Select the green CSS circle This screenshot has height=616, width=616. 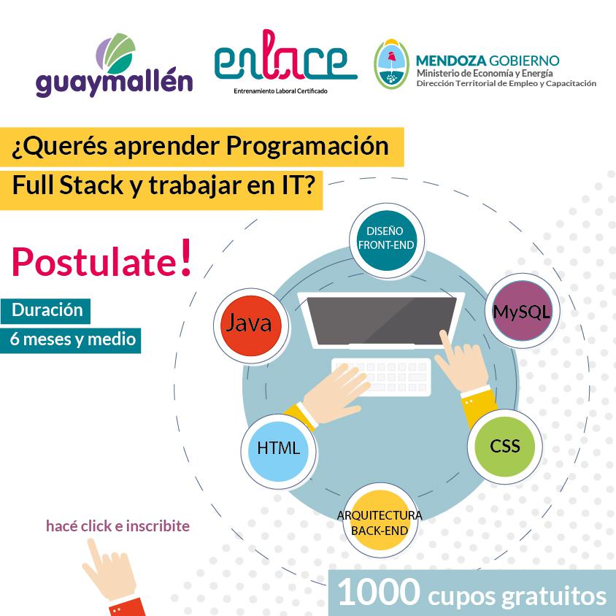tap(504, 446)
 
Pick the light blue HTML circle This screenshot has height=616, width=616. tap(278, 448)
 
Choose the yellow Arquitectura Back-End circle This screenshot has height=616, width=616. tap(379, 523)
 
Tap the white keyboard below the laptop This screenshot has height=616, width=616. tap(381, 374)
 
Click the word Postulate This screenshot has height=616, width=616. tap(94, 263)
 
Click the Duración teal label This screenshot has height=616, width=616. tap(47, 310)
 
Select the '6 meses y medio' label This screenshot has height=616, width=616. tap(72, 339)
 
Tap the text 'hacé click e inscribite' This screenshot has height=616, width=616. tap(118, 525)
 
